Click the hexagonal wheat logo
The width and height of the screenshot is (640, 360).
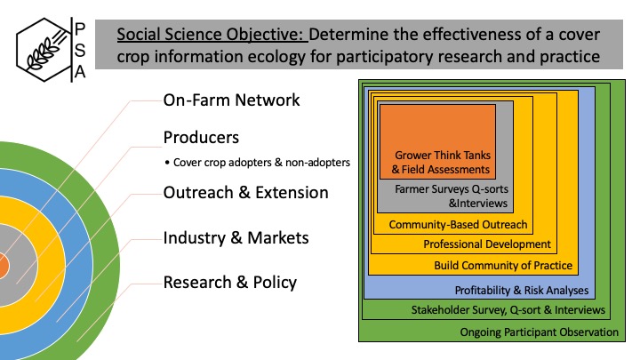44,50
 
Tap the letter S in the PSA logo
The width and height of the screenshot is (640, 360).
80,51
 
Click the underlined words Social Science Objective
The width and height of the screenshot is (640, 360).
212,35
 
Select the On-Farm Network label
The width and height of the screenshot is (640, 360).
231,100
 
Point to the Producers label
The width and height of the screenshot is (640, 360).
201,138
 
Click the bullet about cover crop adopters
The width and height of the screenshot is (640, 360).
258,163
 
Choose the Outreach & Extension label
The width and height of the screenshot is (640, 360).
245,193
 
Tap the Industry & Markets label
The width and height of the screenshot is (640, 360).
236,238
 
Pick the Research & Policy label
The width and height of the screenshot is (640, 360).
230,283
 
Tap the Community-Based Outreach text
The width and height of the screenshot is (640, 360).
458,225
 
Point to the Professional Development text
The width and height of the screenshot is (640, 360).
487,244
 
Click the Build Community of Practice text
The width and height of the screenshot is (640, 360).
503,265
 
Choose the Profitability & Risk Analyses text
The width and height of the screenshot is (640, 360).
522,290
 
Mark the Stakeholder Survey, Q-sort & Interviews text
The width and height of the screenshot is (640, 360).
508,310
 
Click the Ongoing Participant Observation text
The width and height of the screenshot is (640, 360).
540,332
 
